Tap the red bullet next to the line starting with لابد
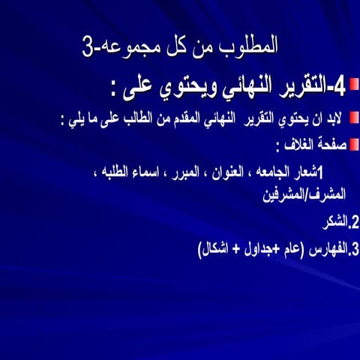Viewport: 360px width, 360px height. [x=355, y=118]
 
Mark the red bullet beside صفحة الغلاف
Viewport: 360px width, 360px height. [x=355, y=142]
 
